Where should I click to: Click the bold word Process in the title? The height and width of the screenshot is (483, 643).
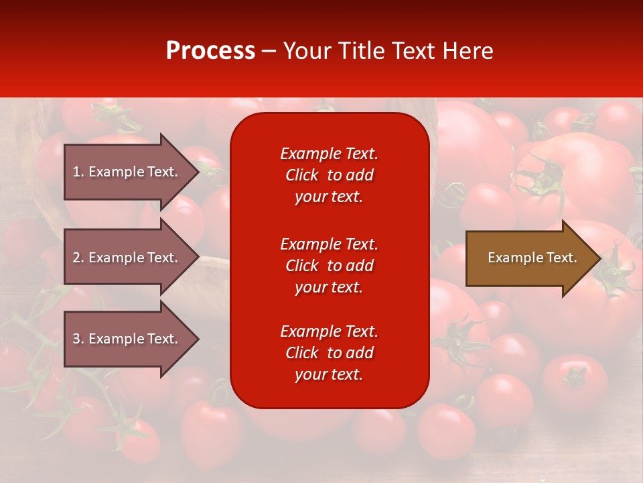[x=210, y=51]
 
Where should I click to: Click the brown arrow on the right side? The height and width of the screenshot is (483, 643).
[x=529, y=258]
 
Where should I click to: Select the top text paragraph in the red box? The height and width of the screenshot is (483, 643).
[x=329, y=175]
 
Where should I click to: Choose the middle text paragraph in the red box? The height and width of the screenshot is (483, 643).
[x=329, y=266]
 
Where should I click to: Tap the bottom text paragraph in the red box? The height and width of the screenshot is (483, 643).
[x=329, y=353]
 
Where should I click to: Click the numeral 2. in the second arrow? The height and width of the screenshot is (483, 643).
[x=78, y=258]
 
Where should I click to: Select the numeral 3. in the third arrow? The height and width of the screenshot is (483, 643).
[x=78, y=339]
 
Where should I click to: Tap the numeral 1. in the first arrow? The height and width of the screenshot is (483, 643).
[x=78, y=172]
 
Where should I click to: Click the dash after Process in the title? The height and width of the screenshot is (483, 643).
[x=269, y=52]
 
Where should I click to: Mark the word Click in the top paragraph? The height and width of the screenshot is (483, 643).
[x=302, y=176]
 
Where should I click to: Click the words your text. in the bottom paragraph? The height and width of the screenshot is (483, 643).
[x=329, y=375]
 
